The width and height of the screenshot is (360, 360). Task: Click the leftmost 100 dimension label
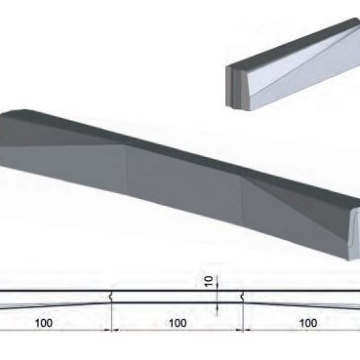click(43, 321)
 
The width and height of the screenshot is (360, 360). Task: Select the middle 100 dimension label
click(177, 321)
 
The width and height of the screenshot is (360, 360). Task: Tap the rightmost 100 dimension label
click(307, 321)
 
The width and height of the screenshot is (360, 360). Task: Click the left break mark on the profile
click(114, 294)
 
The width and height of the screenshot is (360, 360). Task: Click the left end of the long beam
click(5, 146)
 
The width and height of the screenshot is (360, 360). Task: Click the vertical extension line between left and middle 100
click(113, 317)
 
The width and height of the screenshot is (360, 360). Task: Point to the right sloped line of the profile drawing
click(302, 303)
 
